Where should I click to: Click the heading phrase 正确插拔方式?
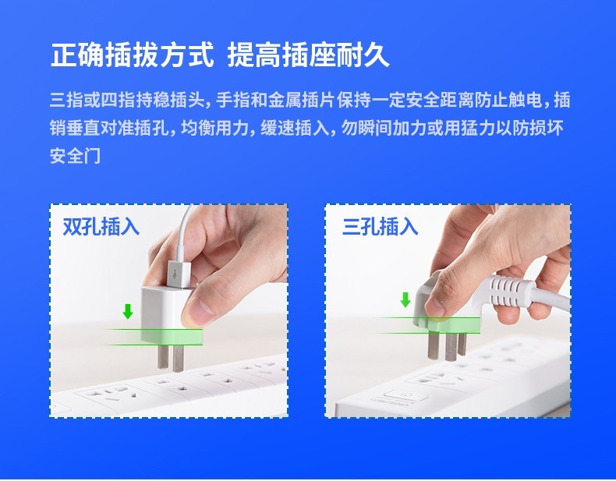pyautogui.click(x=133, y=55)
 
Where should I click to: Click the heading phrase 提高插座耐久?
pyautogui.click(x=309, y=55)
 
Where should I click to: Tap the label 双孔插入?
pyautogui.click(x=101, y=227)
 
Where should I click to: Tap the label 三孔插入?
pyautogui.click(x=380, y=227)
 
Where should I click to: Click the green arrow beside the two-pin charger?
pyautogui.click(x=128, y=311)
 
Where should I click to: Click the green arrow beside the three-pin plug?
pyautogui.click(x=405, y=299)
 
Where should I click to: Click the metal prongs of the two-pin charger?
pyautogui.click(x=171, y=356)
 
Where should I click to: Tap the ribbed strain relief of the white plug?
pyautogui.click(x=508, y=291)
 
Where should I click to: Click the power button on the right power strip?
pyautogui.click(x=405, y=395)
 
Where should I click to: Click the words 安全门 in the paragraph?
pyautogui.click(x=75, y=156)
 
